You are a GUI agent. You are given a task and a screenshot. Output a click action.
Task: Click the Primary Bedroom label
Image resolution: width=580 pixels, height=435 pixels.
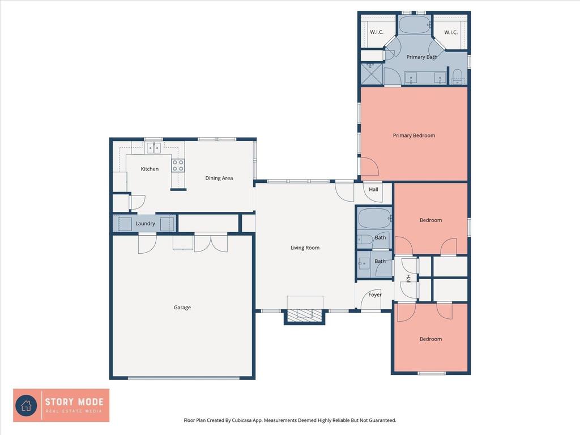(x=414, y=135)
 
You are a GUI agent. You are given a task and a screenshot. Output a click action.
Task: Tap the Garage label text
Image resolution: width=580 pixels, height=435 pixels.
(x=182, y=308)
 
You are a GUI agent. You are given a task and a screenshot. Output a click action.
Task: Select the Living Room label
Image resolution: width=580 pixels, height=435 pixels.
(x=305, y=248)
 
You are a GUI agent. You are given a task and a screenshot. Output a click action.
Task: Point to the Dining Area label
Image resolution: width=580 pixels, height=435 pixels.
(x=219, y=178)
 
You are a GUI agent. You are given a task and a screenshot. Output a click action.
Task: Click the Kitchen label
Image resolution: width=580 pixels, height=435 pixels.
(x=150, y=169)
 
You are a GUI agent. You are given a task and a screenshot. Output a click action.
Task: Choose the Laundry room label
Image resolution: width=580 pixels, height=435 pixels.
(x=145, y=223)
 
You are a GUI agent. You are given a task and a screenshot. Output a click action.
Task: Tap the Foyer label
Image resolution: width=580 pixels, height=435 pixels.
(x=375, y=295)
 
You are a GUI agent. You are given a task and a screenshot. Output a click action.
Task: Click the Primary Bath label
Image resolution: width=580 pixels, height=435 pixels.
(x=421, y=57)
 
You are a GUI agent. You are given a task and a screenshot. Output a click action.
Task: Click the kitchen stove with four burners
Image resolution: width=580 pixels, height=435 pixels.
(x=178, y=165)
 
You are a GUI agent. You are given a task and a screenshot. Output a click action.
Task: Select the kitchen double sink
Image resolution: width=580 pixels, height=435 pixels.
(x=153, y=148)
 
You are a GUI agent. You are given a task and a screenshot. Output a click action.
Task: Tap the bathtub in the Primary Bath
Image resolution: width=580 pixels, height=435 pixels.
(x=415, y=25)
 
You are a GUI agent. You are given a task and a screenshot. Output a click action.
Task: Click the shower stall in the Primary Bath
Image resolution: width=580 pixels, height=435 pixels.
(x=372, y=74)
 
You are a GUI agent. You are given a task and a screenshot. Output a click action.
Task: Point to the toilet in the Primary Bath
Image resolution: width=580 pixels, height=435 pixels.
(x=458, y=76)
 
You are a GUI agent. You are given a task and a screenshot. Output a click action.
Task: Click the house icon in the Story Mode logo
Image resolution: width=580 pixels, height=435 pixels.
(x=26, y=406)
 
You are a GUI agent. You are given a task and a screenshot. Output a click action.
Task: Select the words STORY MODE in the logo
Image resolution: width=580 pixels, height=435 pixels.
(x=74, y=402)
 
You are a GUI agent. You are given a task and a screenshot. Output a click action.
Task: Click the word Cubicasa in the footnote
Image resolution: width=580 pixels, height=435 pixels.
(x=242, y=420)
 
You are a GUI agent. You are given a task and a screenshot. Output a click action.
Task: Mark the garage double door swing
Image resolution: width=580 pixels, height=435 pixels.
(x=211, y=243)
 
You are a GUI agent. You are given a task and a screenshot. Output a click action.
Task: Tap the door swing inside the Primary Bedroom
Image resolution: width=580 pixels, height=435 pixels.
(x=369, y=166)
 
